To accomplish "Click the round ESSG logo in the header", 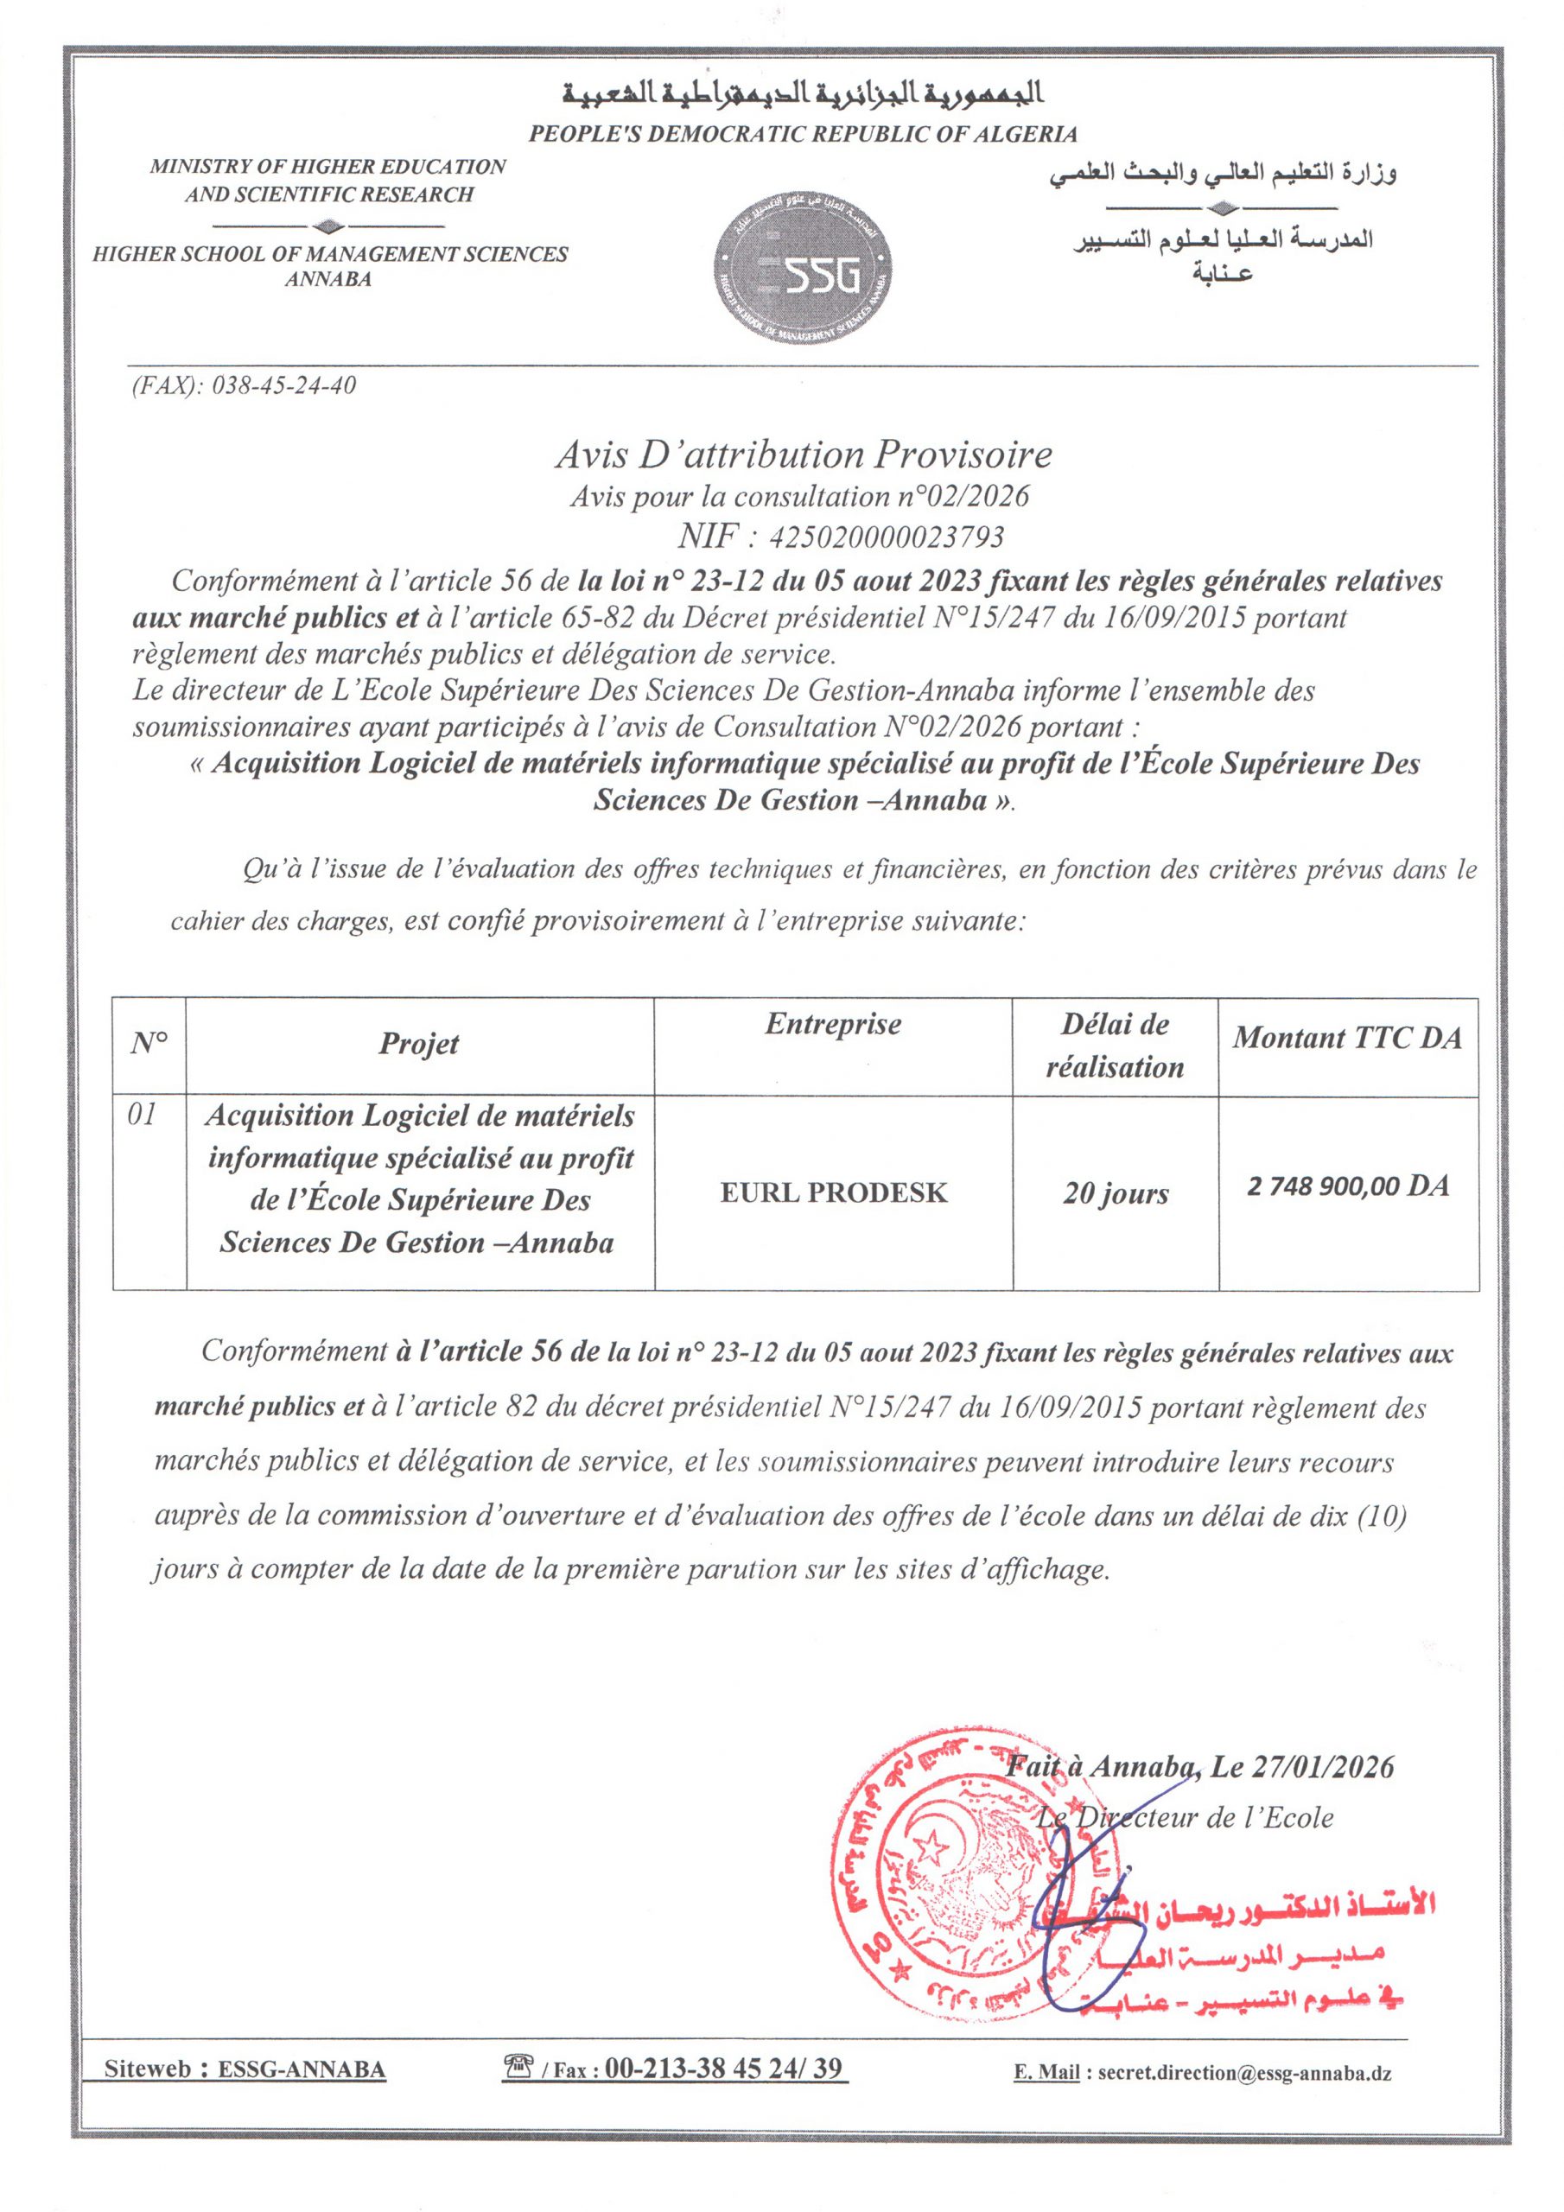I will (x=802, y=269).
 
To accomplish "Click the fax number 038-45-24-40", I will (x=283, y=386).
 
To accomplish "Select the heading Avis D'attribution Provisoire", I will (x=803, y=454).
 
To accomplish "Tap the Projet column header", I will (x=419, y=1044).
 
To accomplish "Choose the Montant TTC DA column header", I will (x=1347, y=1038).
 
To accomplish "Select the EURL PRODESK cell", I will (x=834, y=1192).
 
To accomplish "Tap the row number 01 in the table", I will (x=142, y=1115).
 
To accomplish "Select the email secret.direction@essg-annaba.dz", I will (x=1243, y=2073).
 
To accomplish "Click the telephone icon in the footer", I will (x=518, y=2066).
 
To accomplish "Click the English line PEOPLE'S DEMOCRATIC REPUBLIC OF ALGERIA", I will (x=802, y=134).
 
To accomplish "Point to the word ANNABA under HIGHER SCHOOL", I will (x=328, y=279).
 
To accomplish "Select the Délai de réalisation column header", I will (x=1115, y=1046).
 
